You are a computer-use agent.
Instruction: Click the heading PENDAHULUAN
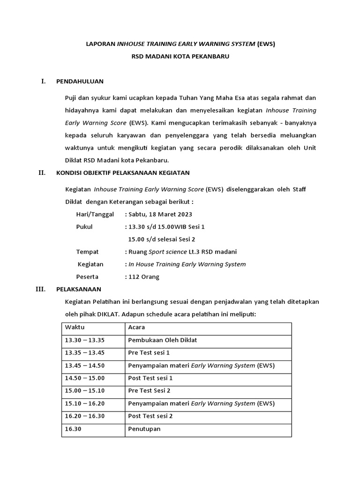(80, 81)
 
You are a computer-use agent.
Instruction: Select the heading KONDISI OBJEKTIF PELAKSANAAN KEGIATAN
(123, 172)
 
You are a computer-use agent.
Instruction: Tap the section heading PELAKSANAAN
(78, 289)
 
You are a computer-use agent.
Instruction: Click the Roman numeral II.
(42, 172)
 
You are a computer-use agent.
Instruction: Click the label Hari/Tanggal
(95, 214)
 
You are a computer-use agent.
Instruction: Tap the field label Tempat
(87, 252)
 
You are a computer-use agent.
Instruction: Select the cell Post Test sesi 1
(150, 378)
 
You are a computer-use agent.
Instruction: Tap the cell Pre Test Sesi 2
(149, 390)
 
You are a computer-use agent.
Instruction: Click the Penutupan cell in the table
(144, 428)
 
